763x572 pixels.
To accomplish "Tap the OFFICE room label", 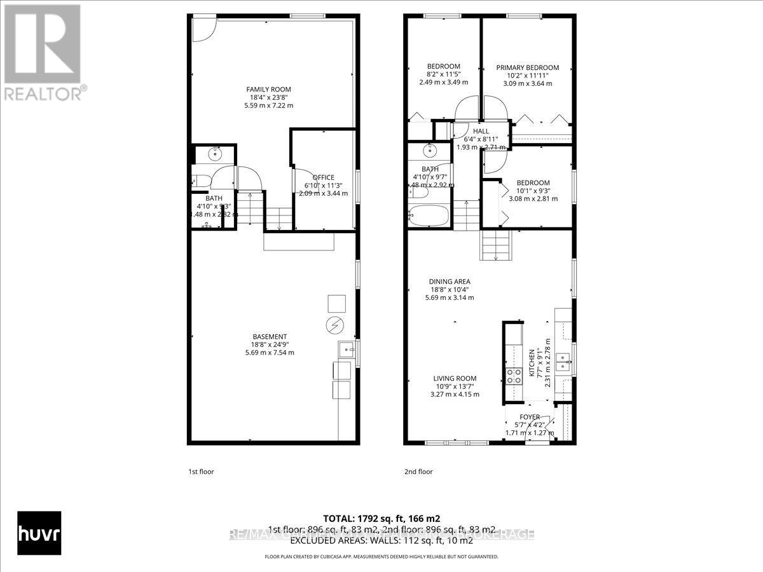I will point(323,177).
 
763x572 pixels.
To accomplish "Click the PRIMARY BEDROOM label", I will point(527,68).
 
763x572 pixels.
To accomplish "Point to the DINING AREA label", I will point(449,282).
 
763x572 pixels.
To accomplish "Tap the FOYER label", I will point(529,418).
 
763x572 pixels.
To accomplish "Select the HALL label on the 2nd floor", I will point(481,131).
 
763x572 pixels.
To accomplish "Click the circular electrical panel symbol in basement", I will point(334,325).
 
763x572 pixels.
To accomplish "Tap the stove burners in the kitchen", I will point(512,376).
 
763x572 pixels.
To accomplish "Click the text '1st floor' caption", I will point(201,472).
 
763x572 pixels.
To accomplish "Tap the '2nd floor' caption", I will point(418,472).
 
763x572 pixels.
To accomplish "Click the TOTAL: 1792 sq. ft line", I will point(381,518).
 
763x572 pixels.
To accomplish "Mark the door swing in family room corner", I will point(203,29).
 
